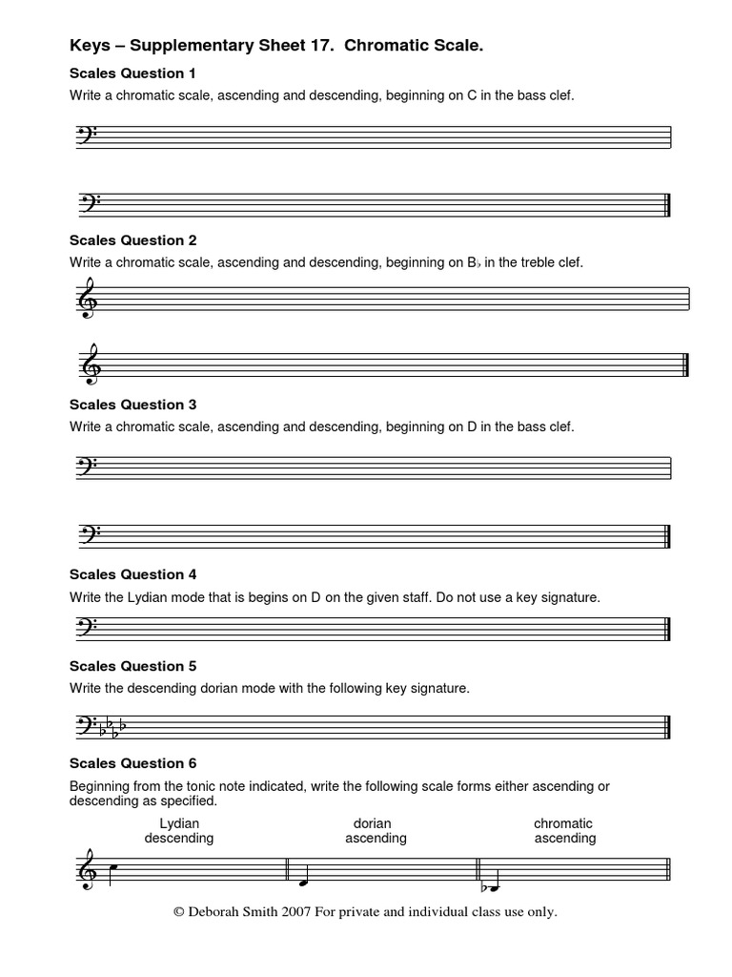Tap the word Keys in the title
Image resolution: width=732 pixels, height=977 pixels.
coord(91,45)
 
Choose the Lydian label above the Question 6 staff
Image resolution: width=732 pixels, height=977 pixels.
coord(178,823)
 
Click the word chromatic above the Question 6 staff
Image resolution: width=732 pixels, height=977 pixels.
coord(562,823)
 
